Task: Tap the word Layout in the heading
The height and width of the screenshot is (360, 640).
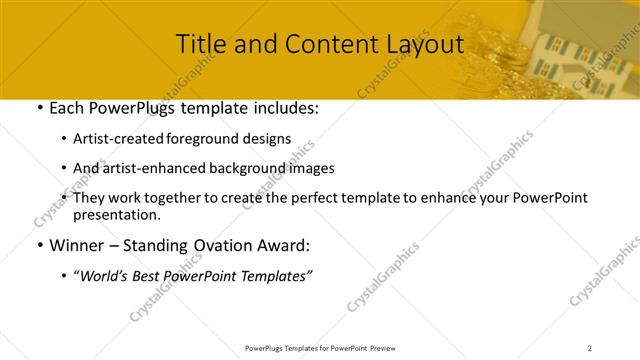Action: tap(419, 45)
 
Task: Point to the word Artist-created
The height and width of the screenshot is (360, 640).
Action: tap(121, 139)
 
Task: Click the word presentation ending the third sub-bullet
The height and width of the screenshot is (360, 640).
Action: tap(115, 214)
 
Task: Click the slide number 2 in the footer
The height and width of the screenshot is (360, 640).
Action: tap(590, 348)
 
